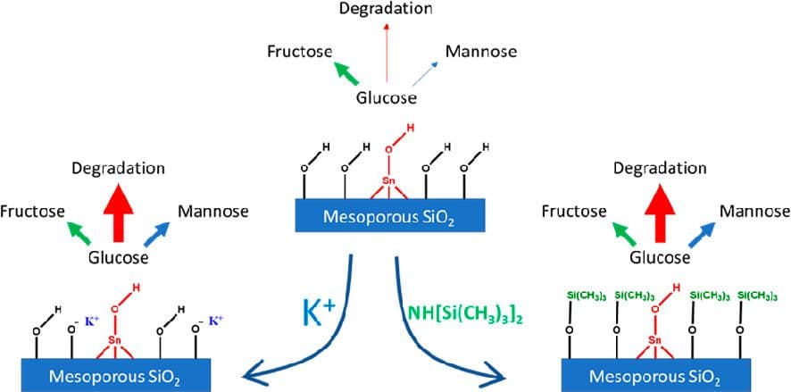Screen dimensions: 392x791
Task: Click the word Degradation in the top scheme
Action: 386,10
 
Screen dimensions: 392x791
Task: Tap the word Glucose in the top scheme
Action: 387,98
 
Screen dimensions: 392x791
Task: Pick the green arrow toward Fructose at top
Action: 347,70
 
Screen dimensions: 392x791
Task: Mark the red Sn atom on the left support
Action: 115,340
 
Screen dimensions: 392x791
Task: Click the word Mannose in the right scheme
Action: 754,212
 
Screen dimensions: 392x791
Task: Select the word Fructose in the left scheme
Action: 31,212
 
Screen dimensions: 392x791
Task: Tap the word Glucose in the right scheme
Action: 660,258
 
